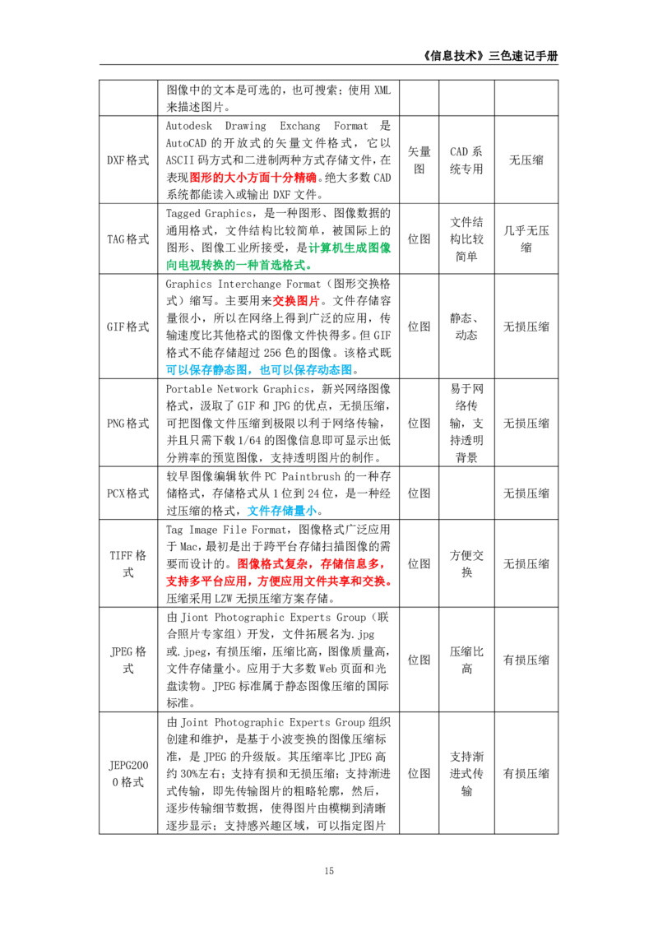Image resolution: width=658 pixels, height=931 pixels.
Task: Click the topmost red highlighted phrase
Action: point(253,178)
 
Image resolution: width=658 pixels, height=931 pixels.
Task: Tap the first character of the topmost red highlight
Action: point(195,178)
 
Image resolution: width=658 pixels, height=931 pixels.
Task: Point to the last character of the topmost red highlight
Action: point(312,178)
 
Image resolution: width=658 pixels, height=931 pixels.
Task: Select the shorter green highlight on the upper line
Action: point(351,248)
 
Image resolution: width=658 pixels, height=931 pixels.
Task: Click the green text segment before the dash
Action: point(200,265)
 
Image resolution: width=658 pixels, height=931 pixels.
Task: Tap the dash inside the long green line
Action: point(240,265)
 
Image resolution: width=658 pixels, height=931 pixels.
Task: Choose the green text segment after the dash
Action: point(276,265)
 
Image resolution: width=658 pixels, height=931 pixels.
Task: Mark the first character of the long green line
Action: point(169,265)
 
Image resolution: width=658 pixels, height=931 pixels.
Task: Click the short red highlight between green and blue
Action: point(295,302)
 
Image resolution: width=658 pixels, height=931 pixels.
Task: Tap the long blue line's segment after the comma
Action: point(305,369)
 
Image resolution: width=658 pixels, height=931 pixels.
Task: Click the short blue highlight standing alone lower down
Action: point(281,512)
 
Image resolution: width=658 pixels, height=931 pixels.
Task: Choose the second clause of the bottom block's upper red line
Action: point(350,564)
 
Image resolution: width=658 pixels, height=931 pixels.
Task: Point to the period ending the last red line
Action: point(389,584)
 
